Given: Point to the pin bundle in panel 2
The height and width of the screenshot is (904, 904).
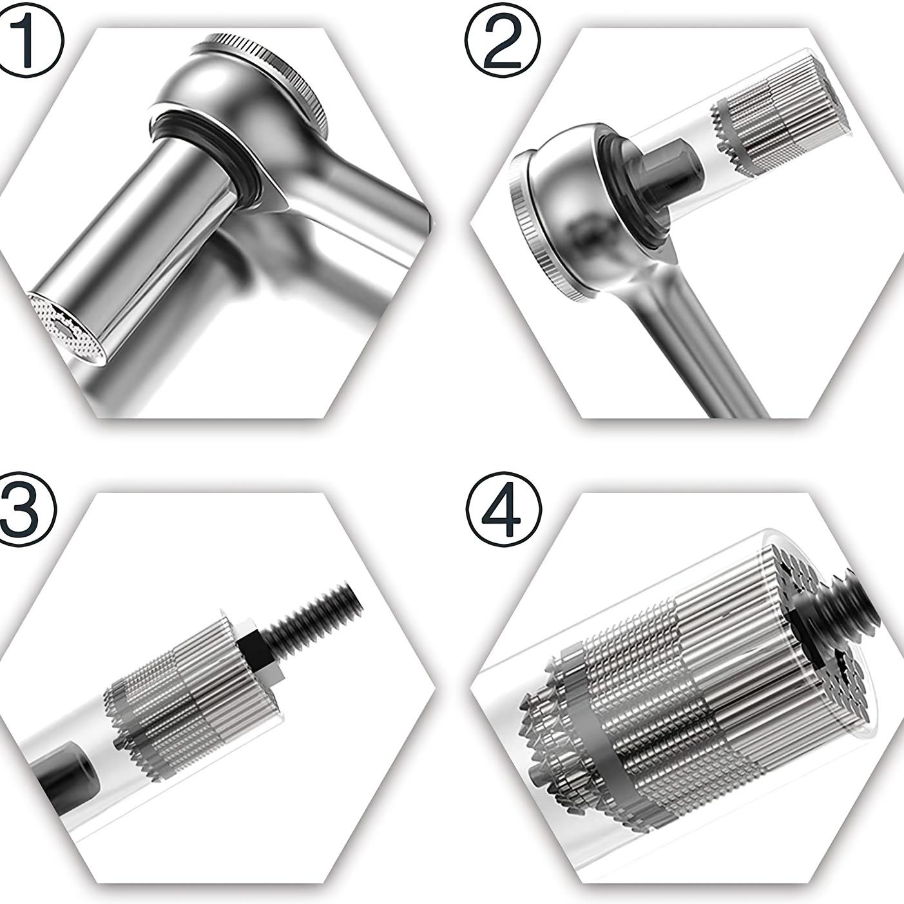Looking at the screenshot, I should (x=773, y=122).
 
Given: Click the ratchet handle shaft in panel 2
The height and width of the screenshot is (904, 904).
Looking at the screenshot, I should (x=702, y=348).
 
